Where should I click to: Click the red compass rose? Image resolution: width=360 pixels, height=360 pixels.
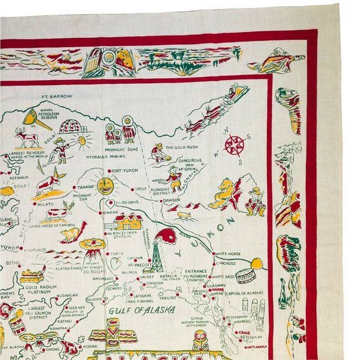(235, 145)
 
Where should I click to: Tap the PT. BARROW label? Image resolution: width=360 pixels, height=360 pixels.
(57, 97)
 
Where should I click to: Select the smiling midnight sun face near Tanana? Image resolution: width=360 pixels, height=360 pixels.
(105, 185)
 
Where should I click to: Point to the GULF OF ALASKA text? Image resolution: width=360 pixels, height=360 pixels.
(141, 310)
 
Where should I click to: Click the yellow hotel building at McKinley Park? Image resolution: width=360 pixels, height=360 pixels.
(128, 222)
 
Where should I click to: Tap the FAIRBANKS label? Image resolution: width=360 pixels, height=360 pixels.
(125, 201)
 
